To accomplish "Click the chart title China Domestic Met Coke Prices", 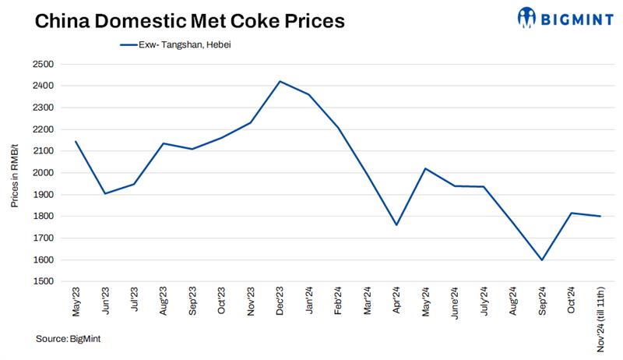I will [178, 20].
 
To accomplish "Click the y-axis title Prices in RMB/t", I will [15, 173].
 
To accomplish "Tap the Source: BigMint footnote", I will [68, 339].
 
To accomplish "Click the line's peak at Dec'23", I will [280, 81].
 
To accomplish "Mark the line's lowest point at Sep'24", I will [541, 259].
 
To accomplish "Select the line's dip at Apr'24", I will [396, 224].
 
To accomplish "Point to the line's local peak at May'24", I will [425, 168].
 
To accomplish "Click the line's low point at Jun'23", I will [105, 193].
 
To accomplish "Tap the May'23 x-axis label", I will [76, 301].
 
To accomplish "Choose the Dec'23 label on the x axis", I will [280, 301].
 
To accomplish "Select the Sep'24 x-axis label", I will [541, 301].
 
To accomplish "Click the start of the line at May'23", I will [76, 141].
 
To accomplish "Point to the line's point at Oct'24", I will [571, 213].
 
